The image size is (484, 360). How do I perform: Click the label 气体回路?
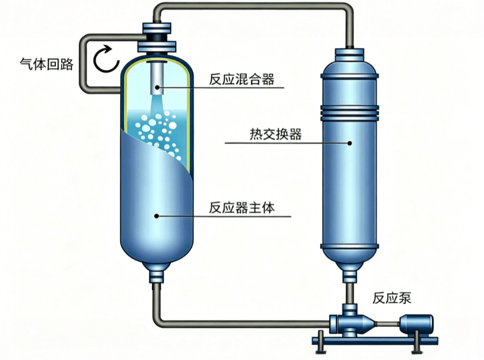coord(47,64)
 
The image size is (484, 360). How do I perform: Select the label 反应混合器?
coord(241,79)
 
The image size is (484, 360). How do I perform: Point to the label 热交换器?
coord(275,134)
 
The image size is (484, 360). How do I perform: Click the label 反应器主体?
coord(241,208)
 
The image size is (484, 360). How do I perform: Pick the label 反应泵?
coord(392,298)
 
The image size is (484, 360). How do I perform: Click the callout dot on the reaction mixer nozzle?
coord(157,87)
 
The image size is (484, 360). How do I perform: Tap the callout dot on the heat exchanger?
coord(349,143)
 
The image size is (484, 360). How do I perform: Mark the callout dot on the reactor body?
coord(157,216)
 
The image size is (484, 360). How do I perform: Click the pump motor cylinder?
coord(416,324)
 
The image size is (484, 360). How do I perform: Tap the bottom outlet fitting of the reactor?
coord(157,273)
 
